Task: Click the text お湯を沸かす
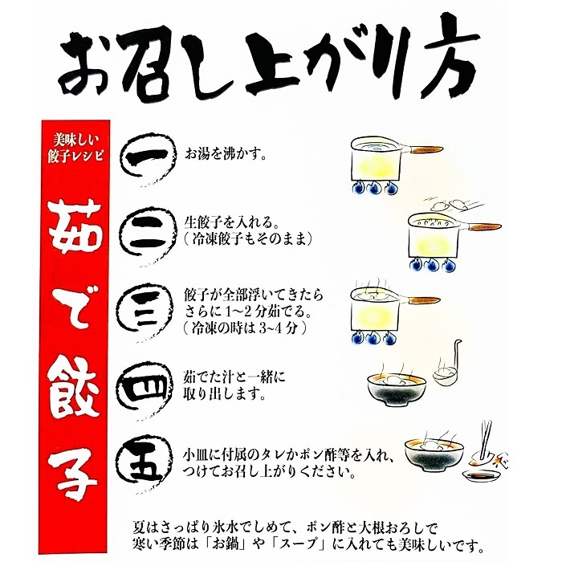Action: (226, 152)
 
